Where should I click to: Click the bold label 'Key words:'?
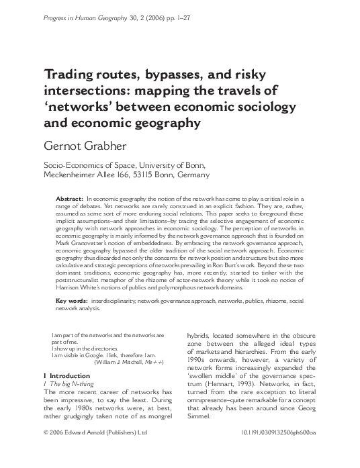(70, 300)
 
